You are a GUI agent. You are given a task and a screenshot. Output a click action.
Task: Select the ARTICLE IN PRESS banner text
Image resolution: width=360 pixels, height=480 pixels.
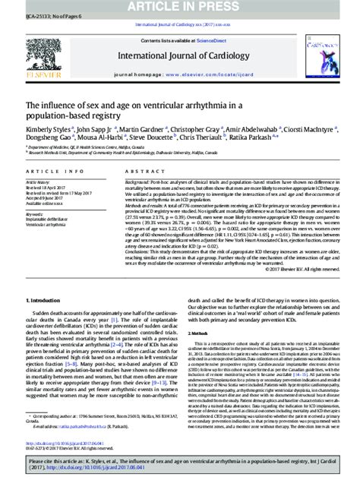click(180, 6)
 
